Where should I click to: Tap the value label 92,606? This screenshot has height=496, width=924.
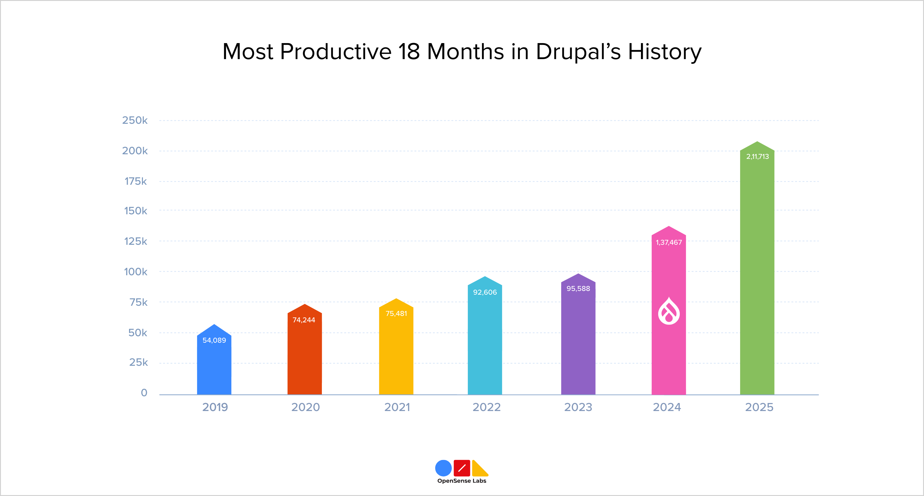point(485,292)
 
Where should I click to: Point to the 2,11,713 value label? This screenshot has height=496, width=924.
point(757,157)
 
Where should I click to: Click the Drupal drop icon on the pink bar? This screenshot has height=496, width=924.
point(669,311)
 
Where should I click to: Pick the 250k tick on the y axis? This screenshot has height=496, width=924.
point(135,120)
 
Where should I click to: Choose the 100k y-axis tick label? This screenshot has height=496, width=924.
point(136,272)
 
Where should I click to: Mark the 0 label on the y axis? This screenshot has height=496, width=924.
point(144,393)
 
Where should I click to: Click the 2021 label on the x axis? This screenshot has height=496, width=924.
point(397,407)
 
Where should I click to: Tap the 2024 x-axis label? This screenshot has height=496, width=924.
point(667,407)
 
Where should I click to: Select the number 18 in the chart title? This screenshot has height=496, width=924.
point(409,52)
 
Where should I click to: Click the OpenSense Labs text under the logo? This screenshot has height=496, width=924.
point(462,481)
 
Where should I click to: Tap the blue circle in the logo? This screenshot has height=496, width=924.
point(443,468)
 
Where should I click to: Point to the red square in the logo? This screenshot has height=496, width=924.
point(462,468)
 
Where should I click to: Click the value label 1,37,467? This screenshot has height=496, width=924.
point(669,242)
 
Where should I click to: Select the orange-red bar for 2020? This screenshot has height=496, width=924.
point(305,359)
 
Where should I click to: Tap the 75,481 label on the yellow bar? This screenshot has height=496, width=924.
point(396,314)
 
